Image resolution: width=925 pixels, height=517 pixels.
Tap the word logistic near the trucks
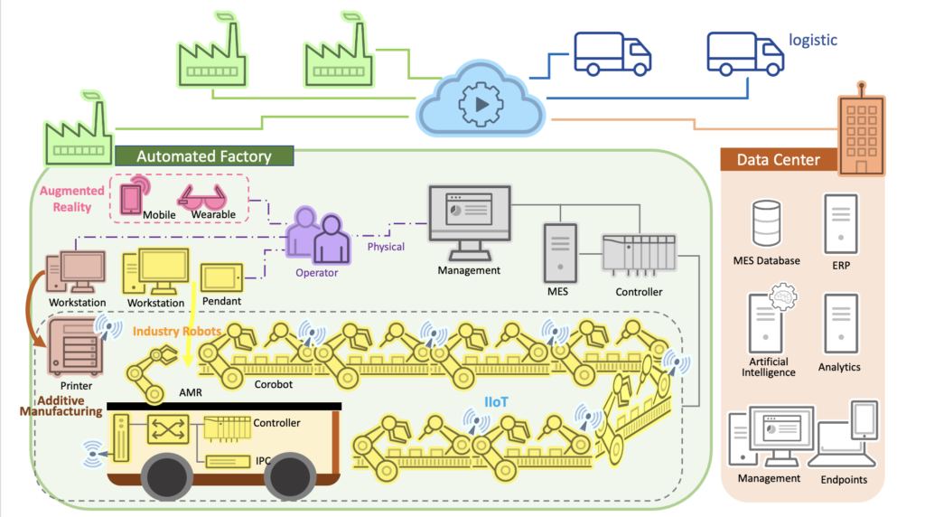(813, 40)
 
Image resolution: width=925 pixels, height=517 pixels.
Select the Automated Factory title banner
(203, 156)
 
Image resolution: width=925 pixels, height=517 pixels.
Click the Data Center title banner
(778, 160)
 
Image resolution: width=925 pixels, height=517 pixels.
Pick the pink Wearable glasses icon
(206, 196)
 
